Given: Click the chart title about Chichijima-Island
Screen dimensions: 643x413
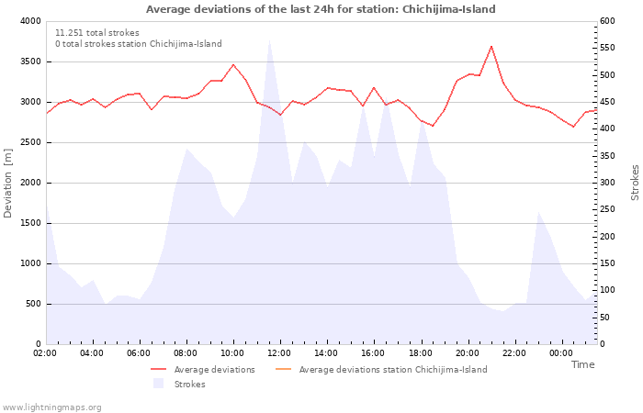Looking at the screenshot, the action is point(321,9).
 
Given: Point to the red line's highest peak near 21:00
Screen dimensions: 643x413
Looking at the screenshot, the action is point(491,46).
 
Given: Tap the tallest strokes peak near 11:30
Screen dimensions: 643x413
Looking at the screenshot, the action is point(269,40).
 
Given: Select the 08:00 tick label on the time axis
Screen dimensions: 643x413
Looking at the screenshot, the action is point(186,353).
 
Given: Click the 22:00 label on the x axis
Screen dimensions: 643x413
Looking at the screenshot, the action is point(514,353).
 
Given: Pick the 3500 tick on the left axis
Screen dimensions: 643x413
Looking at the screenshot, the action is point(30,61).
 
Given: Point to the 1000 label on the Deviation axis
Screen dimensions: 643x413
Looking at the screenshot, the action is point(30,263).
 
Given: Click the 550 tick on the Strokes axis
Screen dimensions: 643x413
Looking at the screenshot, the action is point(607,48).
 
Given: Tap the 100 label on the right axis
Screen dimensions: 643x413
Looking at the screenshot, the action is point(607,290).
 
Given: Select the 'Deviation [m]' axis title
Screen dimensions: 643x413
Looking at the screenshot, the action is point(7,184).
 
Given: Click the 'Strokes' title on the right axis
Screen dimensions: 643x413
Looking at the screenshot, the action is point(635,183).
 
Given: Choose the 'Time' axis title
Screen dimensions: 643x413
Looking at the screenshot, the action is point(582,364).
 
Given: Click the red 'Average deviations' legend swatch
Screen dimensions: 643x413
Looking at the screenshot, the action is point(158,369).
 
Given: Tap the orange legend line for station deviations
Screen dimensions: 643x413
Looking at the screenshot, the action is point(283,369).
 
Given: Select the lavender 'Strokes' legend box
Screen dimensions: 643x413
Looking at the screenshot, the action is point(158,384).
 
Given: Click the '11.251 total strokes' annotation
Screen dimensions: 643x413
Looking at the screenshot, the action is point(97,33).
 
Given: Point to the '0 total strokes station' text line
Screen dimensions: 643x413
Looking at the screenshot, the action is point(139,44).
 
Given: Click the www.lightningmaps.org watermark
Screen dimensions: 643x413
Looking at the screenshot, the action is point(51,407).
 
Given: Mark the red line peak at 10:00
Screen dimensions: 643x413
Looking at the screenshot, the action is point(233,64).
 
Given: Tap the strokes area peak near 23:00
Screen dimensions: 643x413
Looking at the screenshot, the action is point(538,212).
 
